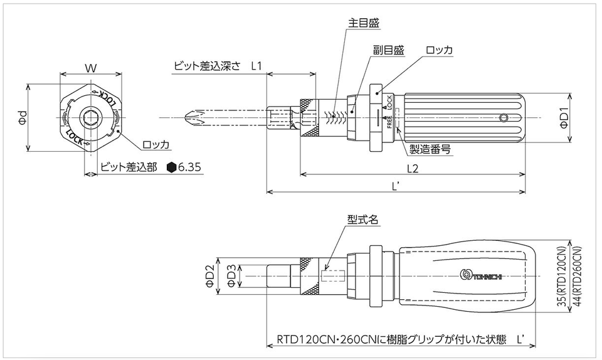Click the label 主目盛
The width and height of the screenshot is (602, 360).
pyautogui.click(x=364, y=23)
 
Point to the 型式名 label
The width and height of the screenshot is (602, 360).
pyautogui.click(x=363, y=220)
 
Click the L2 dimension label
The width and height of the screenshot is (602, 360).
pyautogui.click(x=412, y=167)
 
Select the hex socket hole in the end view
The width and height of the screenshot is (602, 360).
pyautogui.click(x=91, y=117)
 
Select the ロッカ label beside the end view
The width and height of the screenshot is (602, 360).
pyautogui.click(x=156, y=145)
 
